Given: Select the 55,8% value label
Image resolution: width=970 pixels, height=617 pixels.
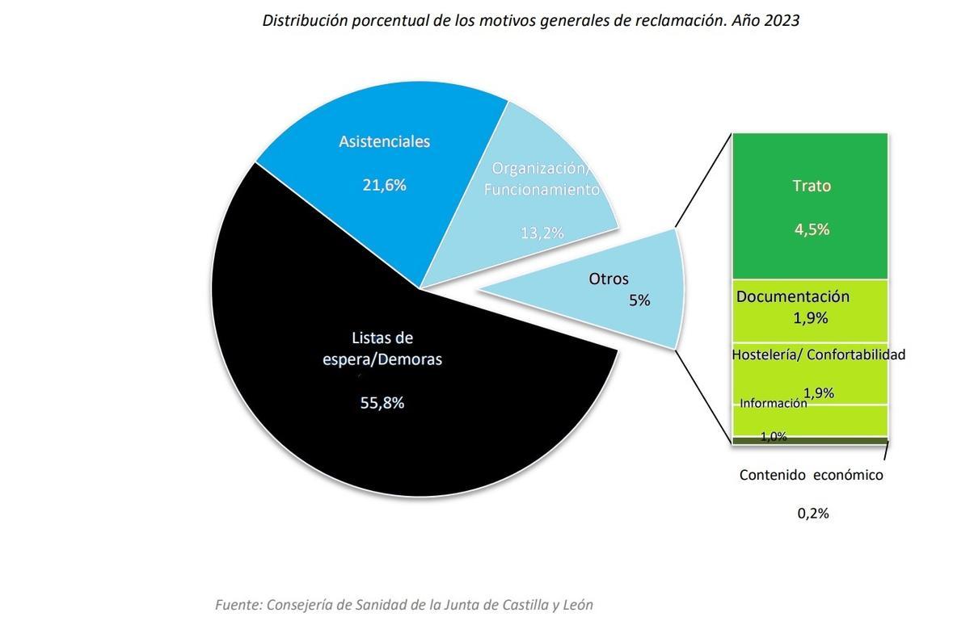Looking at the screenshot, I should point(382,402).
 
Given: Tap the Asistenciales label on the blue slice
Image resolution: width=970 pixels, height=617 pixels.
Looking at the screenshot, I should point(384,141).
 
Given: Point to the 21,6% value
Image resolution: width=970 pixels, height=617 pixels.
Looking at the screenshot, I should point(384,185).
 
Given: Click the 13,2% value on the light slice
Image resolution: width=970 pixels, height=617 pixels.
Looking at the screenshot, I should point(542,233).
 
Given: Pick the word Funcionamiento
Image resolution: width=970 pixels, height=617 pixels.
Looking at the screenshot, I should point(542,190).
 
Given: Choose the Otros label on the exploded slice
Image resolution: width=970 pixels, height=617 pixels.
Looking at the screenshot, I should point(609,279).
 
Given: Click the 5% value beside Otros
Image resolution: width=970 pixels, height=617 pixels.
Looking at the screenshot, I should point(639,300).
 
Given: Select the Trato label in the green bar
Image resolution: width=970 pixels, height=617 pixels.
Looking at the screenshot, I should point(812,186).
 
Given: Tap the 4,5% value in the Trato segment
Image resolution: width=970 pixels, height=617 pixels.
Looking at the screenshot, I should point(812,229).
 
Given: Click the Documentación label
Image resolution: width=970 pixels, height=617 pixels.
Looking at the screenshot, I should point(793,296).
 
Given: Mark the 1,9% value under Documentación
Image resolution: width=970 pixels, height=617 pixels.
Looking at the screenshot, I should point(811,318).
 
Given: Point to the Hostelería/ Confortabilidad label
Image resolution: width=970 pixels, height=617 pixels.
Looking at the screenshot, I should point(818,355).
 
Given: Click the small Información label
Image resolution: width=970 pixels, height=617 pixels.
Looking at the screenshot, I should point(773,403).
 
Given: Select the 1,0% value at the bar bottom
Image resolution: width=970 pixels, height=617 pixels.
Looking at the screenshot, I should point(773,437).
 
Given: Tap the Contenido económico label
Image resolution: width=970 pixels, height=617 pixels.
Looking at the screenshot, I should point(811,475).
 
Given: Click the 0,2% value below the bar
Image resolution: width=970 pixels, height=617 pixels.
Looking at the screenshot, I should point(812,513).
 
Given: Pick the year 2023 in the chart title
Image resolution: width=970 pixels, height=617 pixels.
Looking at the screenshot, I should point(782,21).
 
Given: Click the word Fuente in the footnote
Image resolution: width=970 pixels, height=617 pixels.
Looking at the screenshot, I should point(238,604).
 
